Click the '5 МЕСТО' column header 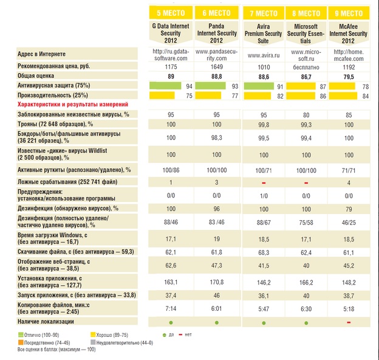click(171, 13)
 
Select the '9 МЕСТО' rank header click(349, 13)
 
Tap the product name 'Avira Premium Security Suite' click(263, 33)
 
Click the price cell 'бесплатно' click(306, 67)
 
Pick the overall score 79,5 click(349, 77)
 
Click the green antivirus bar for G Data click(165, 86)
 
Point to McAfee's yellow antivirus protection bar click(342, 86)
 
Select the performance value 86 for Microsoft click(323, 96)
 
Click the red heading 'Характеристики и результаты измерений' click(73, 105)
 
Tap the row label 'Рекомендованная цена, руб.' click(53, 66)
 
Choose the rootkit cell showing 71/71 click(349, 170)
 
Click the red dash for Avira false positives click(264, 183)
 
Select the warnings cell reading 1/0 click(264, 196)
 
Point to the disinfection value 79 click(349, 209)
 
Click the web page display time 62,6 click(171, 265)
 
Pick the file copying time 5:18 click(349, 309)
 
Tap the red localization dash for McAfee click(349, 322)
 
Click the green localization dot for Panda click(217, 323)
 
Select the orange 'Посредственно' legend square click(21, 342)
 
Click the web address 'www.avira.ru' click(264, 55)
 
